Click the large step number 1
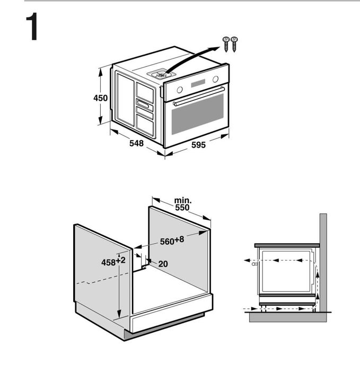(x=32, y=27)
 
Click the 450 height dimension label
(x=100, y=98)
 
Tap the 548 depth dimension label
(x=136, y=143)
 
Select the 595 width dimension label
(x=198, y=145)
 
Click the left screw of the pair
(x=226, y=44)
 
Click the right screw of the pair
(x=234, y=44)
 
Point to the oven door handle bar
(x=198, y=96)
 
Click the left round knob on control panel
(x=180, y=90)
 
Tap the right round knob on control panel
(x=215, y=79)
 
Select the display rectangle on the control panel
(x=198, y=83)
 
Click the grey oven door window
(x=197, y=114)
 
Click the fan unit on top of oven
(x=161, y=74)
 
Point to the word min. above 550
(x=183, y=201)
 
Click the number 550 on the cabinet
(x=182, y=208)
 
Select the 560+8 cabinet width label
(x=172, y=240)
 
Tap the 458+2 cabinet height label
(x=113, y=262)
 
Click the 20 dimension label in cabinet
(x=163, y=264)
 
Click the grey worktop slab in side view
(x=287, y=245)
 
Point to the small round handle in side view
(x=254, y=264)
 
